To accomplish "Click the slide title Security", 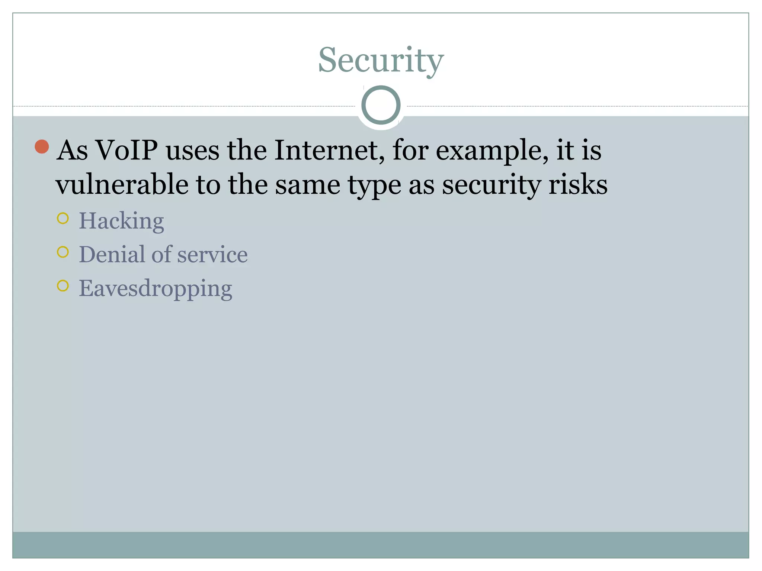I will point(381,60).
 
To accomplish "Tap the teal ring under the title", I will point(381,105).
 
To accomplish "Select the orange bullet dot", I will point(42,146).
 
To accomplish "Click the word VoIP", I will point(127,150).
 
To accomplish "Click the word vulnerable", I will point(122,184).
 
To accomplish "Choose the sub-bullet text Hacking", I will point(121,221).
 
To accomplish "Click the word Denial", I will point(112,255).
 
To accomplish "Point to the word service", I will point(212,255).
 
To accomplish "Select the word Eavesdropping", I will point(156,289).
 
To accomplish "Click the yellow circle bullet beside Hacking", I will point(63,218).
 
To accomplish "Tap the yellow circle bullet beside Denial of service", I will point(63,252).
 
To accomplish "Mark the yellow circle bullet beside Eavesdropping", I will point(63,285).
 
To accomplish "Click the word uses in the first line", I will point(192,151).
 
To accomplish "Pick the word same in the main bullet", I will point(307,185).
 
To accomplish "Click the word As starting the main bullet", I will point(73,150).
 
